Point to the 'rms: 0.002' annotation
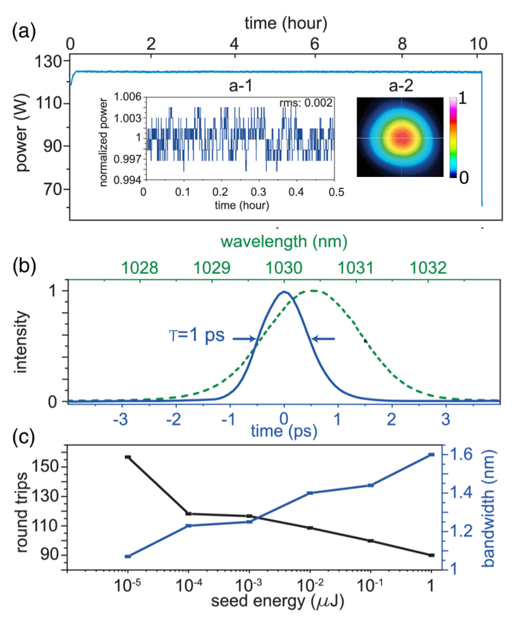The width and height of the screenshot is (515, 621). tap(310, 103)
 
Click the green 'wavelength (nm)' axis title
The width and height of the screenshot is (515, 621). tap(284, 242)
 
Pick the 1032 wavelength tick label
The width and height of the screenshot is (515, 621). tap(428, 267)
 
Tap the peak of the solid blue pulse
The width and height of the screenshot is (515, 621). tap(284, 292)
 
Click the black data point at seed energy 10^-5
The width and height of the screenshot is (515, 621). tap(128, 457)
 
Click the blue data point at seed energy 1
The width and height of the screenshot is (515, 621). tap(431, 454)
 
